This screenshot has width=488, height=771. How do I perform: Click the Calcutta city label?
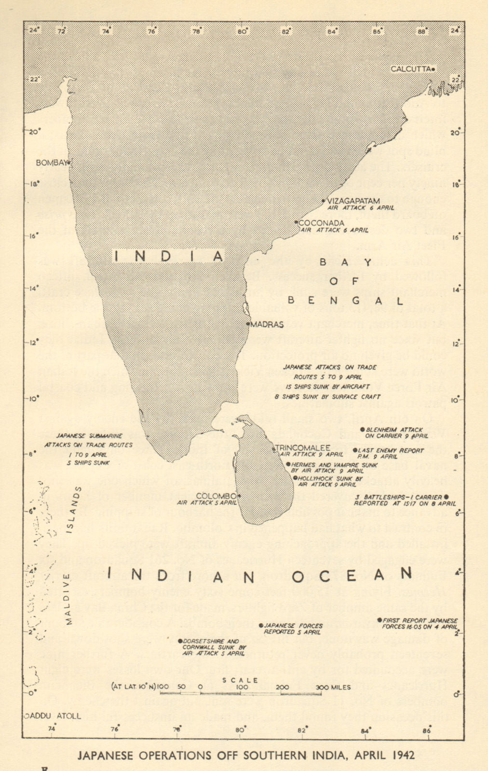coord(410,69)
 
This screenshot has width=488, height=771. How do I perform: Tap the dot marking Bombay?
coord(69,162)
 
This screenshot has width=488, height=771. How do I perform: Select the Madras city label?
coord(267,324)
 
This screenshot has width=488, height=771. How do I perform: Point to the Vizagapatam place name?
coord(353,200)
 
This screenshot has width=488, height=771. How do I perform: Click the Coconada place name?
coord(321,223)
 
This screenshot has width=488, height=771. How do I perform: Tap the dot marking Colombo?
coord(239,495)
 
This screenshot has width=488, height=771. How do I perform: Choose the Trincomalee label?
coord(303,448)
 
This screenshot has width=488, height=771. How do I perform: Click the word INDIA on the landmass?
coord(169,256)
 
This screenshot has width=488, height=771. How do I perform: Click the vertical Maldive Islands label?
coord(73,554)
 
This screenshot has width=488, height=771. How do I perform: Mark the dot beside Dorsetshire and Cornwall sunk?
coord(180,641)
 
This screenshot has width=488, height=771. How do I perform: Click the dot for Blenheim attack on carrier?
coord(361,429)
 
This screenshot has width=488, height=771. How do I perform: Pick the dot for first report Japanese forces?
coord(380,620)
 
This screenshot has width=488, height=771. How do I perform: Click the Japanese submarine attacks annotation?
coord(88,449)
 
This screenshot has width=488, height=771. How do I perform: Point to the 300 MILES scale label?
coord(334,687)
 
